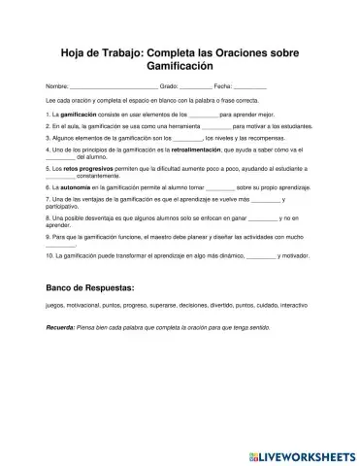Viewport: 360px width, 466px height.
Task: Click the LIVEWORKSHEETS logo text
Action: click(x=298, y=453)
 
